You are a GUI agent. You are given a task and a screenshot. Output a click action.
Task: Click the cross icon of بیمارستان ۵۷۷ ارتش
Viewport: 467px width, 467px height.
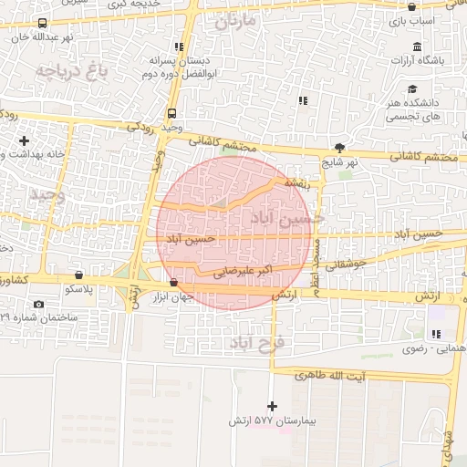(x=271, y=405)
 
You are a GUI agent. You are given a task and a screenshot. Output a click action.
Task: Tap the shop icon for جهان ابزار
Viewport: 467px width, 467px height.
(x=173, y=282)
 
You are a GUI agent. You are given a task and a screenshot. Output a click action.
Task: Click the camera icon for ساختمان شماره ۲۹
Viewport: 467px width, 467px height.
(x=37, y=304)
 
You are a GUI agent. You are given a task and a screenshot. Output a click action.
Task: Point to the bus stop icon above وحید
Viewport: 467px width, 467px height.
(x=172, y=113)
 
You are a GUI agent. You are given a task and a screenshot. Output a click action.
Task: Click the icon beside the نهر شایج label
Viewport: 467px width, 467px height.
(x=340, y=147)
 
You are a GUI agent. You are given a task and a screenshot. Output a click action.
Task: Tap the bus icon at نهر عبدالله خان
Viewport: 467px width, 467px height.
(x=42, y=23)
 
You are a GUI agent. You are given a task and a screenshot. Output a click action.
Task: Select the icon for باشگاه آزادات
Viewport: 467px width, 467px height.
(x=417, y=47)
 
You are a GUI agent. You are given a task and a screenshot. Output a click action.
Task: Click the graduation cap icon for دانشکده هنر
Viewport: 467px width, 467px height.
(x=413, y=89)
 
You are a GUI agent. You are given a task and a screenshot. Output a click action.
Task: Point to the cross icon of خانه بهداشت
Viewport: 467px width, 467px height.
(x=23, y=140)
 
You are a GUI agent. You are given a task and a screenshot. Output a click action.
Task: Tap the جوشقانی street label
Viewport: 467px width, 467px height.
(x=345, y=264)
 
